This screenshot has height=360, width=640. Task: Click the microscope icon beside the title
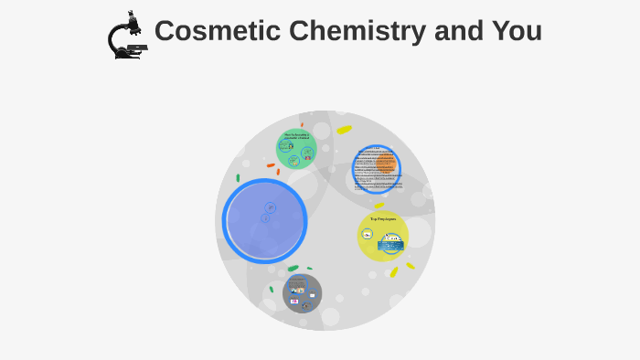pos(127,36)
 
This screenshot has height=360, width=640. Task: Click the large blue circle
pos(264,221)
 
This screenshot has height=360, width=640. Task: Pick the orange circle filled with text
pos(377,170)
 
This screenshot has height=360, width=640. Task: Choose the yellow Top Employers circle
pos(382,236)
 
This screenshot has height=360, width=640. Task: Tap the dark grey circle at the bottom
pos(302,292)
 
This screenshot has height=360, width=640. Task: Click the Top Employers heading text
pos(383,219)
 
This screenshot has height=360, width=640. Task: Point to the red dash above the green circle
pos(302,124)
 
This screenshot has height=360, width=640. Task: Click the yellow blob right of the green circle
pos(344,130)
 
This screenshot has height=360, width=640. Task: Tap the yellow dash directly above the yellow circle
pos(379,206)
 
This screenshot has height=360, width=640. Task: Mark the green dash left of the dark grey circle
pos(272,289)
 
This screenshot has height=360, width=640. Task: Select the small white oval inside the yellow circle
pos(368,234)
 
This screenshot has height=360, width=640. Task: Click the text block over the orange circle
pos(376,169)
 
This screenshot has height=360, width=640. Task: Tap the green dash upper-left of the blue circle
pos(238,178)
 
